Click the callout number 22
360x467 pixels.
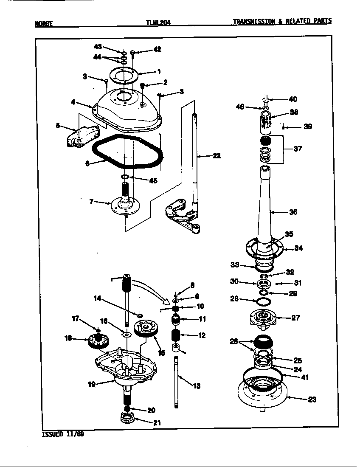(x=217, y=156)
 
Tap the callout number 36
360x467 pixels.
(x=293, y=212)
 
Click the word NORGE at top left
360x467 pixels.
(x=44, y=24)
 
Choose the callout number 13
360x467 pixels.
(x=197, y=386)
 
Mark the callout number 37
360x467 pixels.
(x=298, y=149)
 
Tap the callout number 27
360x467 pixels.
(x=295, y=317)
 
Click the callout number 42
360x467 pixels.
(x=157, y=50)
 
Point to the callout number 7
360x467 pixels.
(x=91, y=202)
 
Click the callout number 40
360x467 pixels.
(x=293, y=99)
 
